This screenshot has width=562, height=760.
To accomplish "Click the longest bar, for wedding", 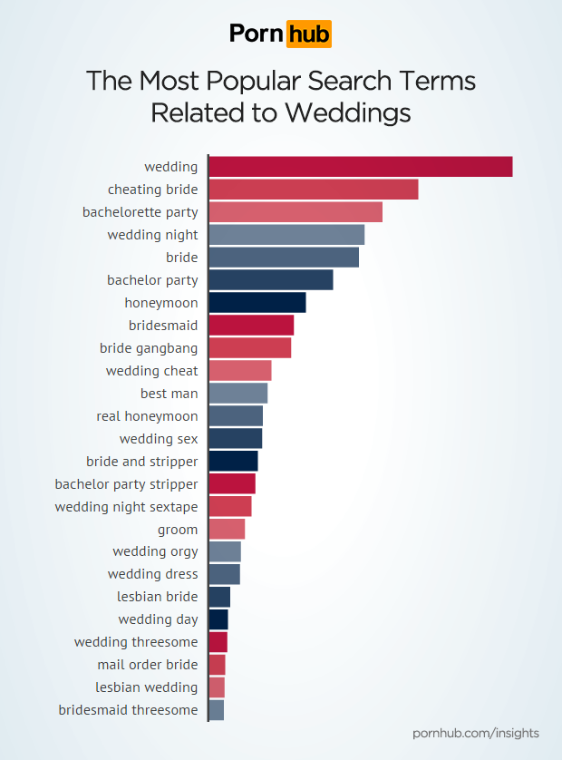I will pyautogui.click(x=361, y=167).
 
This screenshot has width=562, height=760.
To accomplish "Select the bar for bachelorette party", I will pyautogui.click(x=296, y=212).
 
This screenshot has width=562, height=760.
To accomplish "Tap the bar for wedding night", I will pyautogui.click(x=286, y=235).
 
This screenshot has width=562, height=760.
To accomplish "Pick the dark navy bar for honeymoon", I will pyautogui.click(x=257, y=303).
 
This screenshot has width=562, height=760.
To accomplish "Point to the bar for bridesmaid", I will pyautogui.click(x=251, y=326).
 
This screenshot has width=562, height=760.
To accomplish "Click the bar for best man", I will pyautogui.click(x=238, y=394).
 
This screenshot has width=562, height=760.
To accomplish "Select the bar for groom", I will pyautogui.click(x=227, y=529).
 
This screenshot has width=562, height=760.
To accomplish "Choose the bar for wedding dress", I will pyautogui.click(x=225, y=574).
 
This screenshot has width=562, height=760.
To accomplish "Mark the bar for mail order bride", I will pyautogui.click(x=218, y=665).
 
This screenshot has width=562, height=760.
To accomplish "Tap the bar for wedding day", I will pyautogui.click(x=218, y=619).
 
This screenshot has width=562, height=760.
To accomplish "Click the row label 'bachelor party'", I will pyautogui.click(x=152, y=280).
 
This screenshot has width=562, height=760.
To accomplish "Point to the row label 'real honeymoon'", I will pyautogui.click(x=147, y=416).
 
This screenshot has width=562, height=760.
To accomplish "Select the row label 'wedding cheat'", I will pyautogui.click(x=151, y=371).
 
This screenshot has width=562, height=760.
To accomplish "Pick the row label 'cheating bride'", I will pyautogui.click(x=152, y=190).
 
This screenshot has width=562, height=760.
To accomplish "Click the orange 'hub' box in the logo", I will pyautogui.click(x=308, y=34).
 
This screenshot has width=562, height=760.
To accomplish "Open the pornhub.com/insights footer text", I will pyautogui.click(x=475, y=733).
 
